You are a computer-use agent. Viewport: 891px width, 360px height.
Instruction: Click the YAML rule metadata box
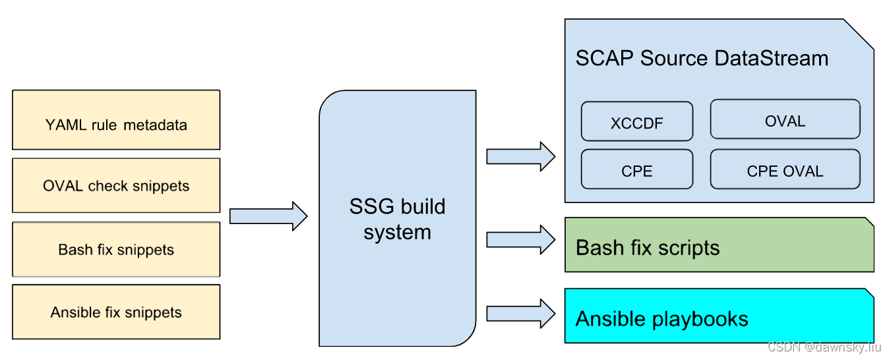116,121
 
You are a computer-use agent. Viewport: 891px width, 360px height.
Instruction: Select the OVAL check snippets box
116,186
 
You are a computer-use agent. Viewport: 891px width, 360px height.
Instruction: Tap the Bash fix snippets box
116,250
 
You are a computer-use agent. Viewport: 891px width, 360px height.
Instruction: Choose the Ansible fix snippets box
116,312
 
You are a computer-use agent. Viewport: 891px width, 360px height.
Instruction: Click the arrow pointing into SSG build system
268,216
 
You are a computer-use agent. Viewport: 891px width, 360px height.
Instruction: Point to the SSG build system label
397,219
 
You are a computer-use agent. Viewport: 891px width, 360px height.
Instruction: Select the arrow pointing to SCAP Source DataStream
520,156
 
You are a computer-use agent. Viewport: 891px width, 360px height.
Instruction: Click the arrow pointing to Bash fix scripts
520,239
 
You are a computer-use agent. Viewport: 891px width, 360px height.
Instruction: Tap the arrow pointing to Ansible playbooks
520,313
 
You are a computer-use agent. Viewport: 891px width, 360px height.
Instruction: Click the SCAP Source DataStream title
702,58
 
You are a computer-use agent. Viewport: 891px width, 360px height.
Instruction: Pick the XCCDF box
636,122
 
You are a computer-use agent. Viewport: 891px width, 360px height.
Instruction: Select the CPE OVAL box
785,170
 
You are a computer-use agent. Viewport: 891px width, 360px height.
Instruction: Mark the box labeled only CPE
636,170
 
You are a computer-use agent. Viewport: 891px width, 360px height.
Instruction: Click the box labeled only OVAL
785,121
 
